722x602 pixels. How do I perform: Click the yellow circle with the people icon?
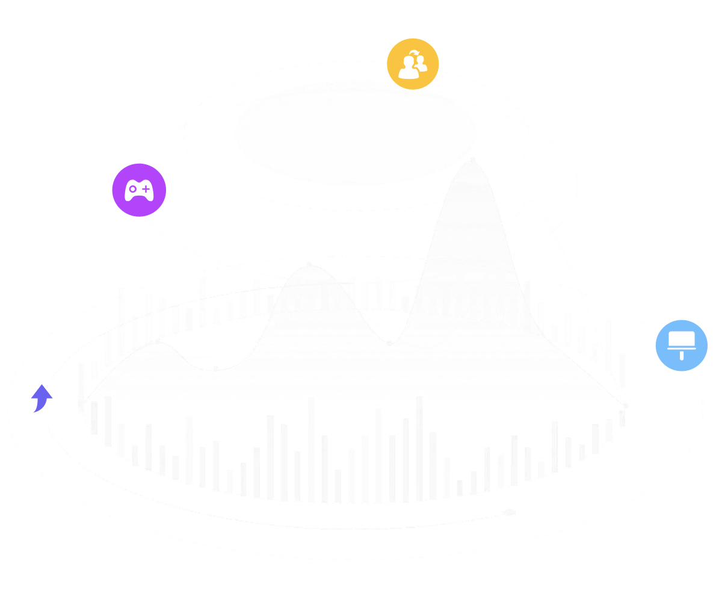[413, 64]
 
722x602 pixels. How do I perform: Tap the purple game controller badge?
[139, 190]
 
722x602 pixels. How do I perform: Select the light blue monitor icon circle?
[681, 345]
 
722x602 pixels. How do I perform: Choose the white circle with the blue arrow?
[42, 398]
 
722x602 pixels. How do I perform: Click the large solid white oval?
[356, 132]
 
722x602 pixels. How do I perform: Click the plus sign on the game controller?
[146, 190]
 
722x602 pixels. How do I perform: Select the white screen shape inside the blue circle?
[681, 340]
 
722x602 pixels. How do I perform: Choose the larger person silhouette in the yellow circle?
[409, 67]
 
